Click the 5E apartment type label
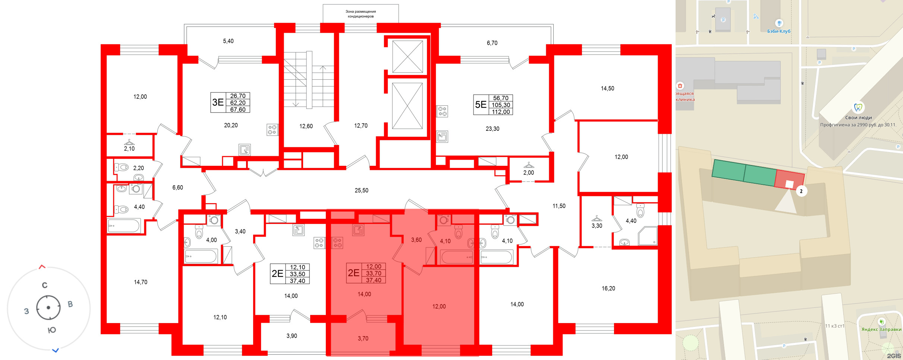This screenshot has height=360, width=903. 481,105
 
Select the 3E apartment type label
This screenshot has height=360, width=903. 218,102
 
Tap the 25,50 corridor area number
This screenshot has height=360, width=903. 361,190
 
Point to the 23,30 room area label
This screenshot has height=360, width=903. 492,129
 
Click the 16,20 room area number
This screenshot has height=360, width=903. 608,288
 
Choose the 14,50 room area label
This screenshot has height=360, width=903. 607,89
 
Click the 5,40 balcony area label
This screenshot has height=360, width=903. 228,41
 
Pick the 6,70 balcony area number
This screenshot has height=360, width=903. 492,43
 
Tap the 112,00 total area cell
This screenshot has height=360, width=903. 501,112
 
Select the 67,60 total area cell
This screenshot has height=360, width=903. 238,110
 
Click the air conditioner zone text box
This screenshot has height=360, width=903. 361,14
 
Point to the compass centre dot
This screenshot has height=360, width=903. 48,308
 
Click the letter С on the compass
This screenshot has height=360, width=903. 45,285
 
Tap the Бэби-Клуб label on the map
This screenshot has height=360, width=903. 778,31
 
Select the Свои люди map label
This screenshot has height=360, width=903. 858,118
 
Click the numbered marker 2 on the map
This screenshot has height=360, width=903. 801,191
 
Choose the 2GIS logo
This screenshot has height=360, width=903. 894,356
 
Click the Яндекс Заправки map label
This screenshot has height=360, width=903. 881,329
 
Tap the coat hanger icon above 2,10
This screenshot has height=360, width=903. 129,142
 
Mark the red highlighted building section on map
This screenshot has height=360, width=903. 789,180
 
